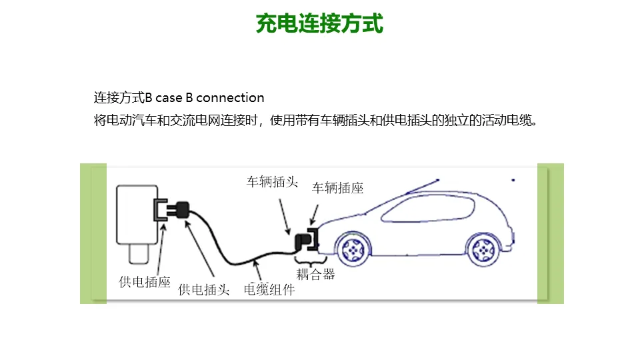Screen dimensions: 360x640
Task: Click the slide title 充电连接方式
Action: (320, 24)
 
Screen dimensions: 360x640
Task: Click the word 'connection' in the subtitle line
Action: (231, 98)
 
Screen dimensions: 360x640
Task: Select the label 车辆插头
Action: (272, 183)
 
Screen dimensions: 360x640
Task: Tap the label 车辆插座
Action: (338, 189)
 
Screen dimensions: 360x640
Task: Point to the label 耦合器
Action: (315, 274)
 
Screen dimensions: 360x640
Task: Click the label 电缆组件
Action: (269, 290)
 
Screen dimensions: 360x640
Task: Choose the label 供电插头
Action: (204, 290)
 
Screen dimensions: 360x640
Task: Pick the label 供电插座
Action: (145, 282)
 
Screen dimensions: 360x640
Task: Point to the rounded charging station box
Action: (137, 215)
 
